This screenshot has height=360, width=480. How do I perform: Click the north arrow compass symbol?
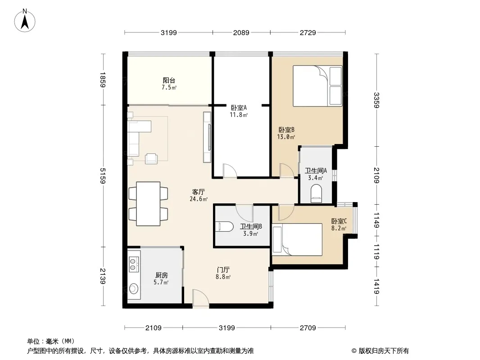(25, 20)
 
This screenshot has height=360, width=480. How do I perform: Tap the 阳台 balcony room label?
(169, 81)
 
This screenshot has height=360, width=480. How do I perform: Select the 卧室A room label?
(239, 108)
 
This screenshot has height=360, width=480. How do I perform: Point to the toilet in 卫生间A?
(316, 193)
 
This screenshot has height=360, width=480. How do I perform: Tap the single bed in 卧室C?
(297, 239)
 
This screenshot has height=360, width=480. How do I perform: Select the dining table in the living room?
(148, 204)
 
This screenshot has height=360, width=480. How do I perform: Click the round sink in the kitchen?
(133, 288)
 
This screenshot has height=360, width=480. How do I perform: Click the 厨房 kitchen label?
(162, 275)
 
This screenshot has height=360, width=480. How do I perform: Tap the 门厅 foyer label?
(223, 270)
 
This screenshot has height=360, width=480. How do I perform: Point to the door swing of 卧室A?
(230, 171)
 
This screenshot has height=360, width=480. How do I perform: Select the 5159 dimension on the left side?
(102, 176)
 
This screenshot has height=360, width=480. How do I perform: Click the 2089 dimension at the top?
(241, 32)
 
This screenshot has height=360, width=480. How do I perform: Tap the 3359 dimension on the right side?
(376, 100)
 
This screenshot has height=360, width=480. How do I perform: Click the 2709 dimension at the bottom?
(308, 328)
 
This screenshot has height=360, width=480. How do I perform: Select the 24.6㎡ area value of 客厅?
(199, 199)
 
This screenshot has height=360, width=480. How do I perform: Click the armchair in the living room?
(152, 158)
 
